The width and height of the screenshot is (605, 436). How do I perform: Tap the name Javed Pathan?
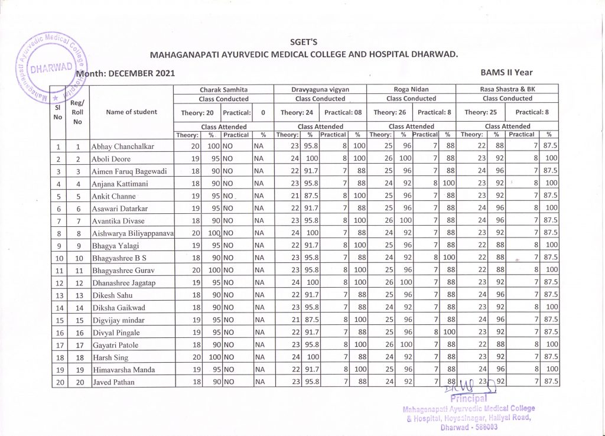coord(112,382)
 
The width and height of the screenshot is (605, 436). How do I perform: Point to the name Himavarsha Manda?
coord(123,370)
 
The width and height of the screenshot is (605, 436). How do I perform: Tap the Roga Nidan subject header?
coord(411,89)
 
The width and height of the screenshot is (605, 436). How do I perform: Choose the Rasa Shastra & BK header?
coord(507,89)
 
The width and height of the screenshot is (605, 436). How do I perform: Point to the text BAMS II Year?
coord(507,73)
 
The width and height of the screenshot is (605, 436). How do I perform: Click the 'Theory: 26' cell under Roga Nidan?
coord(388,112)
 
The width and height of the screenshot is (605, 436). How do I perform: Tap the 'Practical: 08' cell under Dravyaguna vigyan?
coord(343,112)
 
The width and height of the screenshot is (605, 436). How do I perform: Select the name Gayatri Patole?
coord(116,345)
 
